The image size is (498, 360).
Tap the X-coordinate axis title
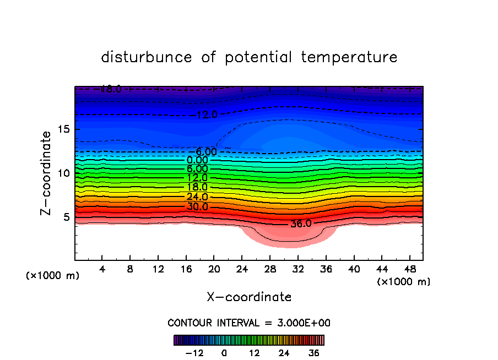(249, 297)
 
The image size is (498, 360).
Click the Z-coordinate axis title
(47, 173)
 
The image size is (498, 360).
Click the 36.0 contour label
(301, 224)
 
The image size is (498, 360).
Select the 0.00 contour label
(197, 160)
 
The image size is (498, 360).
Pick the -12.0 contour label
(207, 115)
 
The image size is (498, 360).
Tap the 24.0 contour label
(197, 197)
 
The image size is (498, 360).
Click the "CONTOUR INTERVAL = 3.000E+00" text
(249, 323)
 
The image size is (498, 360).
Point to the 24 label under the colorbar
(284, 353)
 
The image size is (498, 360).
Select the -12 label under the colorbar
(194, 353)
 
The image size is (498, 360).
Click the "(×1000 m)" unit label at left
(53, 276)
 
